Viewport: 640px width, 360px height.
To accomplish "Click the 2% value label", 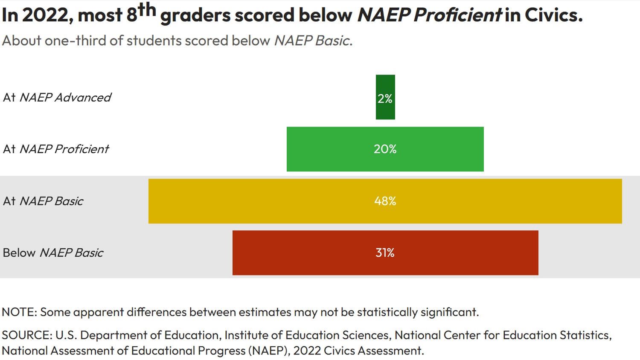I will pos(385,99).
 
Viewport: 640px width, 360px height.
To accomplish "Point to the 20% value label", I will pos(385,149).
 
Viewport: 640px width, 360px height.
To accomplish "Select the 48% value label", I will pos(385,201).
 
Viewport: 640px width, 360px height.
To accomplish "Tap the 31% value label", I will pos(385,253).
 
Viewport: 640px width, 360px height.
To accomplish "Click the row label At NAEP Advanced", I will pos(57,98).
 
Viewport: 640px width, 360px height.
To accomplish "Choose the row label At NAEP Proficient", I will pos(56,149).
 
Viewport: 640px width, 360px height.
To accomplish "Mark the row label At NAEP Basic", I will pos(43,201).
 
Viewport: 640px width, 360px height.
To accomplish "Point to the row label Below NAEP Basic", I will pos(53,253).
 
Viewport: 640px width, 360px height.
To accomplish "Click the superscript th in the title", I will pos(147,9).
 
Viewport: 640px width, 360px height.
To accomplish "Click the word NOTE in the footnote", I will pos(19,312).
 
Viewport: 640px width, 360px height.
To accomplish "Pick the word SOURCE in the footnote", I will pos(26,335).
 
